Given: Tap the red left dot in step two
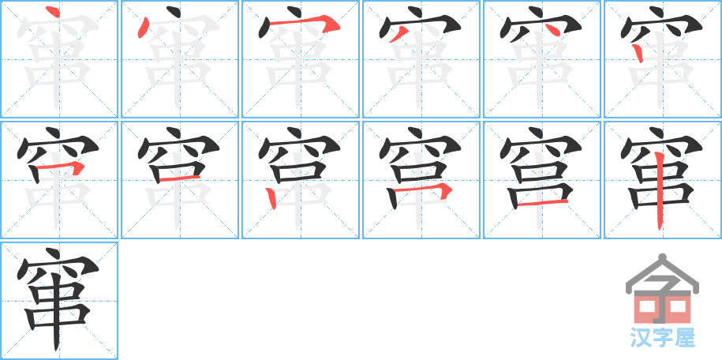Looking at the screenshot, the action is (x=144, y=28).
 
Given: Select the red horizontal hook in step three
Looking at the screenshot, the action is (x=305, y=22).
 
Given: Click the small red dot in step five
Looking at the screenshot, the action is (x=555, y=30).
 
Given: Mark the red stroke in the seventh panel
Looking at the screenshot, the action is (x=60, y=167).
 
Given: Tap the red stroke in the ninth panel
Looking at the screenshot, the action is (x=271, y=198).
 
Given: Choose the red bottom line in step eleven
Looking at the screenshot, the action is (x=542, y=203).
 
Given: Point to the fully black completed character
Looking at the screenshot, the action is (x=58, y=300).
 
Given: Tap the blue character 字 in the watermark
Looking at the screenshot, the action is (x=662, y=338).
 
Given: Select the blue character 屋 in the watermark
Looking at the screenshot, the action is (x=686, y=338).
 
